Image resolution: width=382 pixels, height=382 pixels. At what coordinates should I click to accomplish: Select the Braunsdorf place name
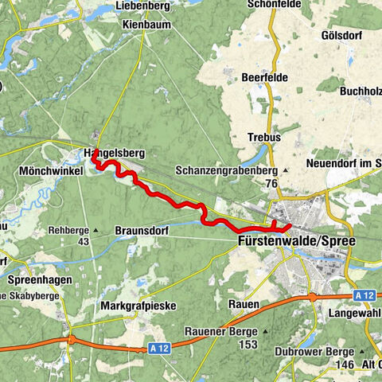143,232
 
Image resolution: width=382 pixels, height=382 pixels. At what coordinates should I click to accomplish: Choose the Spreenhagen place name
39,280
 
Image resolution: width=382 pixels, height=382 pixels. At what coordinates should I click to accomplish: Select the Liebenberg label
143,6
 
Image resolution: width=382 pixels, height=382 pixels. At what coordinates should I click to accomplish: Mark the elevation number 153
248,344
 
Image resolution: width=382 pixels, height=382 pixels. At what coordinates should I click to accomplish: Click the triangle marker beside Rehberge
95,232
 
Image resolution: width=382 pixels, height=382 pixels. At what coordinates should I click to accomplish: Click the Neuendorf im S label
343,163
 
